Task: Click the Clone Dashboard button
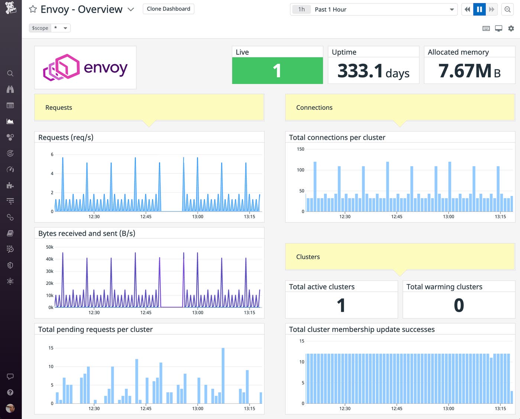[168, 9]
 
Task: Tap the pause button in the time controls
[479, 9]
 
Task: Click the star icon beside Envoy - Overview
[33, 9]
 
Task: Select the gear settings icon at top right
[511, 28]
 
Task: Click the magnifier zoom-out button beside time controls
[507, 9]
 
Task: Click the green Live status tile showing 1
[277, 71]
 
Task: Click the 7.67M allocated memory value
[465, 71]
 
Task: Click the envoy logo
[85, 68]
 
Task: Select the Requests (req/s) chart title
[66, 137]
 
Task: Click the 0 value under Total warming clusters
[459, 305]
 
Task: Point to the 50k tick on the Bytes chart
[49, 247]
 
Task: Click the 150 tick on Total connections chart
[300, 149]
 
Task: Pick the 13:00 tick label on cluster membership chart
[448, 408]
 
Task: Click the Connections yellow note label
[314, 108]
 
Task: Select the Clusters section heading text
[308, 257]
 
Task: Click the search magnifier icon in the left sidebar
[10, 73]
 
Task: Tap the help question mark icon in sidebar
[10, 392]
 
